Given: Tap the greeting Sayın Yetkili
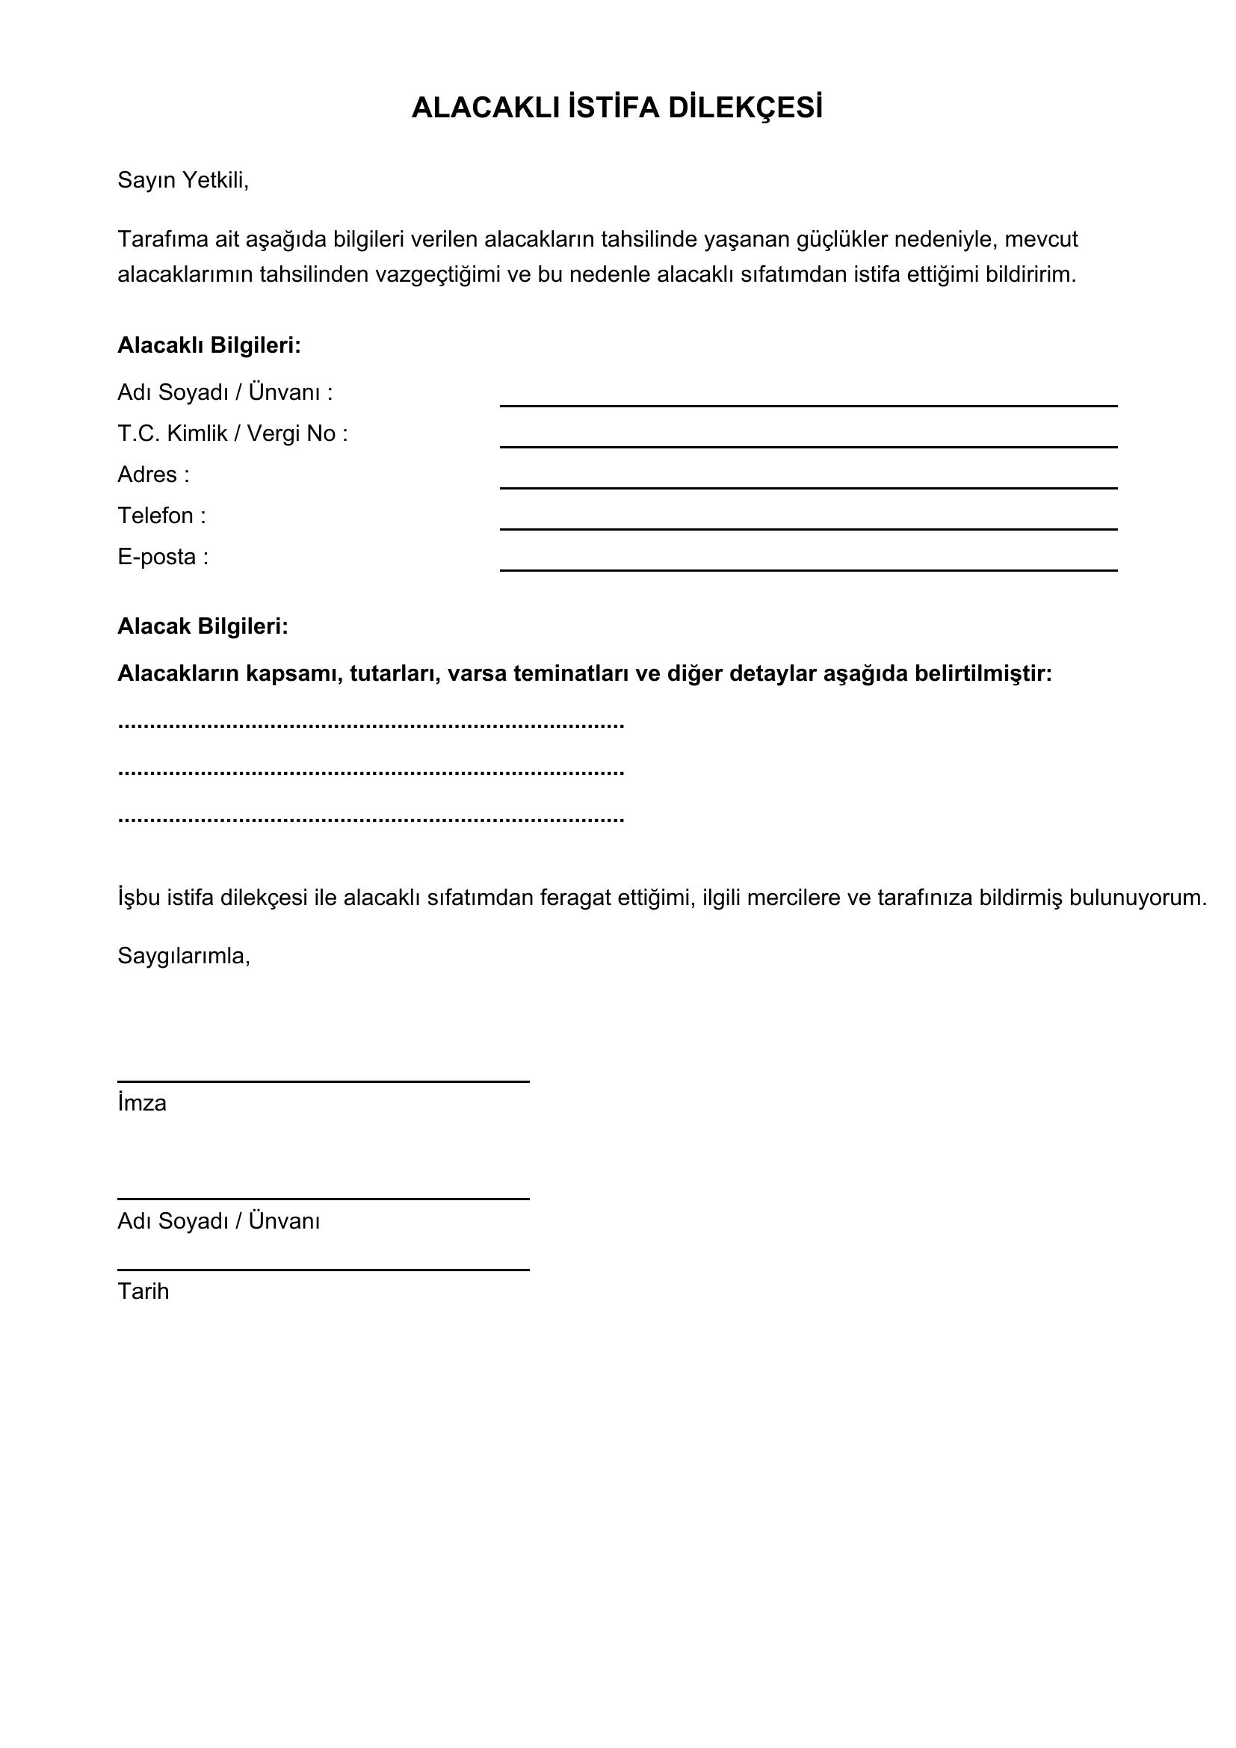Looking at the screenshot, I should point(182,180).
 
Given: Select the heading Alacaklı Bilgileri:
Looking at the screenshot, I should point(209,346).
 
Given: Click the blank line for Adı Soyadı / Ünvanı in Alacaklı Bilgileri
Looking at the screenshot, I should point(809,404).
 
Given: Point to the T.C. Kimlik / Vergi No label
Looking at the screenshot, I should point(232,434).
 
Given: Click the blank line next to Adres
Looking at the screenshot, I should point(809,487).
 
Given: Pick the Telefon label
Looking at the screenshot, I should point(161,516).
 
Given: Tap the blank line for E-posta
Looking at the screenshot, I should point(809,569).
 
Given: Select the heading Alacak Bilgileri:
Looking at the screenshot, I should point(203,626).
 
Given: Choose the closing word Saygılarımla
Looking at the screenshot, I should point(183,956).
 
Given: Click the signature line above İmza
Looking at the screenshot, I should point(323,1081).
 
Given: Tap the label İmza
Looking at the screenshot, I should point(142,1103).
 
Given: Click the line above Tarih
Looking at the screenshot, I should point(323,1269).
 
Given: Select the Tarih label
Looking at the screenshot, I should point(143,1292).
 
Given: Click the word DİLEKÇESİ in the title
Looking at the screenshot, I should point(746,108).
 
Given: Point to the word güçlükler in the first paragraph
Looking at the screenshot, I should point(841,240).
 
